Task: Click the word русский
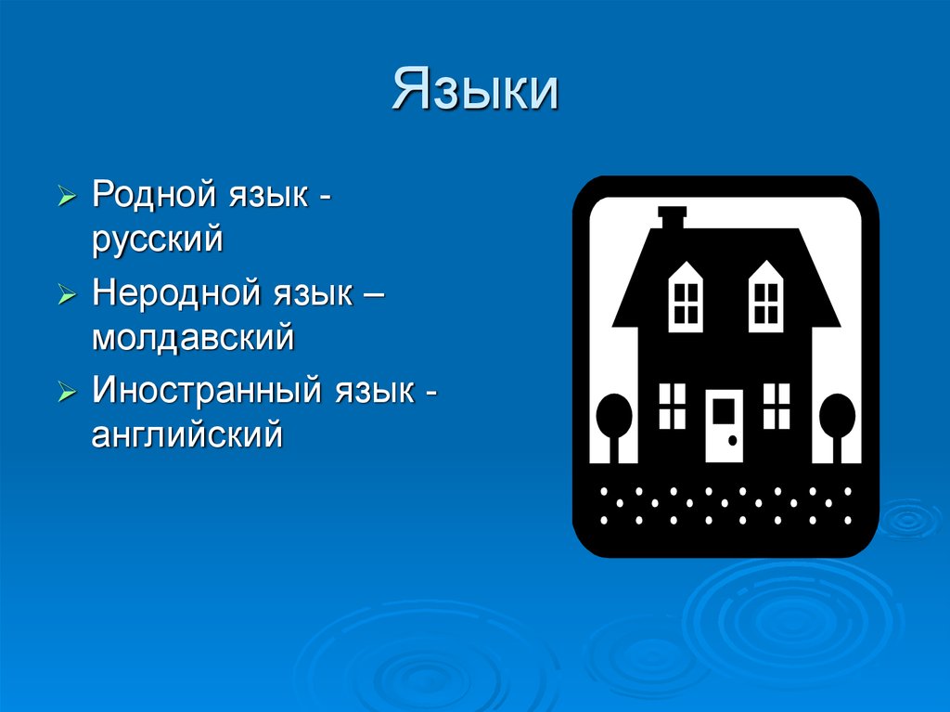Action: [157, 239]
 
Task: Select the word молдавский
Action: [192, 336]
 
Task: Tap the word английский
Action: [186, 433]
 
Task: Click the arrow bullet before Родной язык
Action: [67, 199]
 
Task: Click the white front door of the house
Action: [725, 425]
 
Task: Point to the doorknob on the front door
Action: [733, 439]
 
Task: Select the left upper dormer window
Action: [687, 294]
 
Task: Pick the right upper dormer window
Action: [766, 294]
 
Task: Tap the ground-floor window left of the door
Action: [672, 406]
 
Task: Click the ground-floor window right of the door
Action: [777, 406]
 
